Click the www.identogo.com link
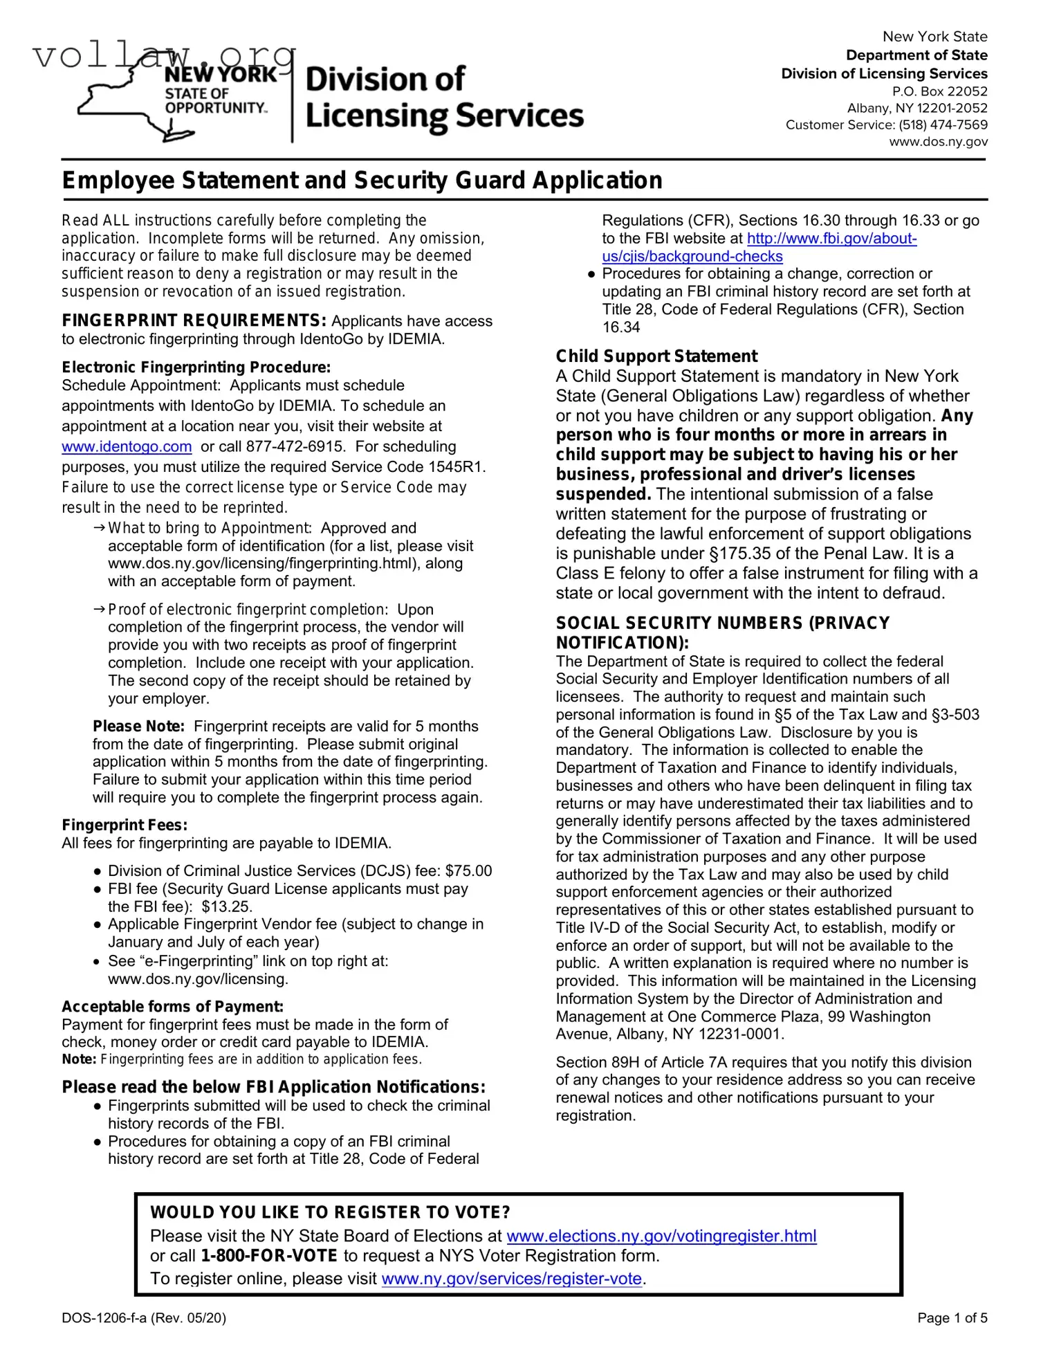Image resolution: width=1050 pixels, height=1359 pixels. click(x=127, y=447)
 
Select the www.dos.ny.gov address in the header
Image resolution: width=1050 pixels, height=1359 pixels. click(x=938, y=142)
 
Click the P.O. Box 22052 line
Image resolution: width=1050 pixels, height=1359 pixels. click(x=939, y=91)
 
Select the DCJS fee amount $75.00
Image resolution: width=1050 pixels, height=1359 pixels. click(x=468, y=871)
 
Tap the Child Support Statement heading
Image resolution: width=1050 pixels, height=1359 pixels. click(x=656, y=356)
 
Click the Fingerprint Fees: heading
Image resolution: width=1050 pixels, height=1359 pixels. click(x=125, y=826)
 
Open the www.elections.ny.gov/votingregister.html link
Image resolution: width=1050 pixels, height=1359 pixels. click(x=661, y=1236)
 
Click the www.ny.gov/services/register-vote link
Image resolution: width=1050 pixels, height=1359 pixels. click(x=512, y=1279)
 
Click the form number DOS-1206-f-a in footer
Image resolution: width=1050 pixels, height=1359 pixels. click(x=104, y=1318)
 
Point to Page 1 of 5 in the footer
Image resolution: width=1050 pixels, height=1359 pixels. click(x=952, y=1318)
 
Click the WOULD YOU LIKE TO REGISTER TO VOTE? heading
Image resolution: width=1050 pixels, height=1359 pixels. click(x=330, y=1213)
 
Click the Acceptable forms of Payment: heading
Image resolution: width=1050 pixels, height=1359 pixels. click(x=172, y=1007)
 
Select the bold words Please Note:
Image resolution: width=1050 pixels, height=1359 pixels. click(x=138, y=727)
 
